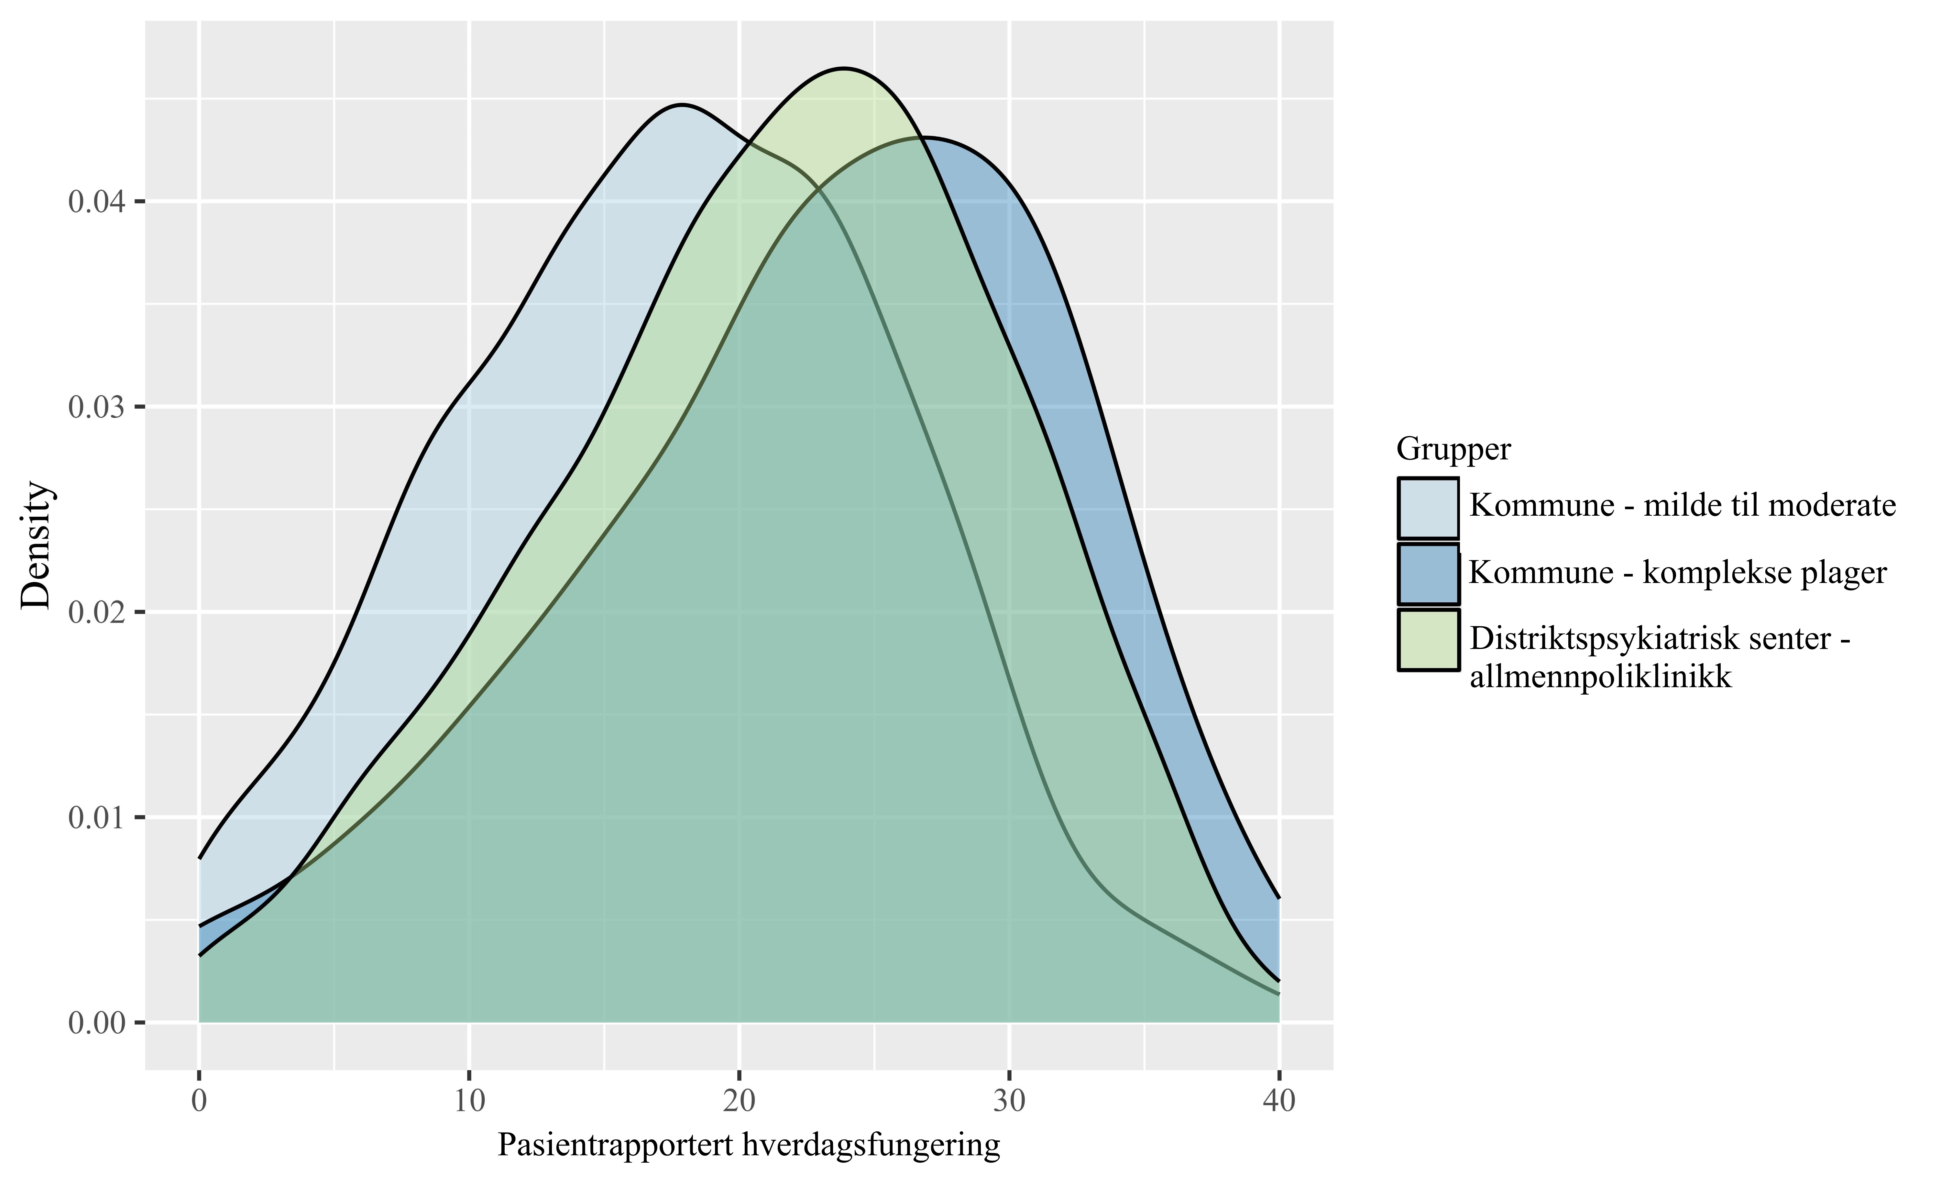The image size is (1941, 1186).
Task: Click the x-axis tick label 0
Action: [199, 1100]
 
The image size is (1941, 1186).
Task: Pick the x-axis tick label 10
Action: [469, 1100]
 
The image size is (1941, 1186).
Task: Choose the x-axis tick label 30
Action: [1009, 1100]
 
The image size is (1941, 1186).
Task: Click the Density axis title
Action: [36, 545]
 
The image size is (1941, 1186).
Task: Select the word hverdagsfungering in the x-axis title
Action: [871, 1146]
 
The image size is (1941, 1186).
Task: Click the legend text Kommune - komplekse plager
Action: [1678, 573]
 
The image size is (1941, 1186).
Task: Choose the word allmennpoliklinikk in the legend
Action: [1601, 677]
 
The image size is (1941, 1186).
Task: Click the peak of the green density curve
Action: [844, 69]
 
